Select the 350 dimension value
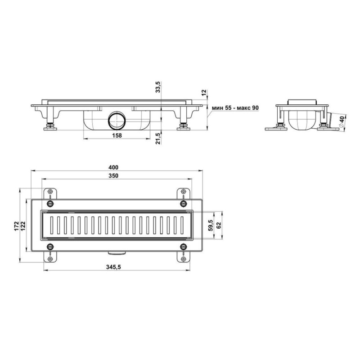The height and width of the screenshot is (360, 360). pyautogui.click(x=113, y=175)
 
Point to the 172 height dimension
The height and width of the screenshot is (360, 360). pyautogui.click(x=17, y=226)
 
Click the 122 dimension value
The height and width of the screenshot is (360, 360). pyautogui.click(x=23, y=226)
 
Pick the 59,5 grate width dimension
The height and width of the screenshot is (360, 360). pyautogui.click(x=211, y=225)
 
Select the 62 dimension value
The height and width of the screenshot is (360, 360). pyautogui.click(x=219, y=225)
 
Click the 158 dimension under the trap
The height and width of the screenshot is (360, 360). pyautogui.click(x=117, y=135)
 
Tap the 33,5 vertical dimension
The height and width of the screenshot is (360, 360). pyautogui.click(x=158, y=87)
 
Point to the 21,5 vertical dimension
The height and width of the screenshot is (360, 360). pyautogui.click(x=158, y=138)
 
